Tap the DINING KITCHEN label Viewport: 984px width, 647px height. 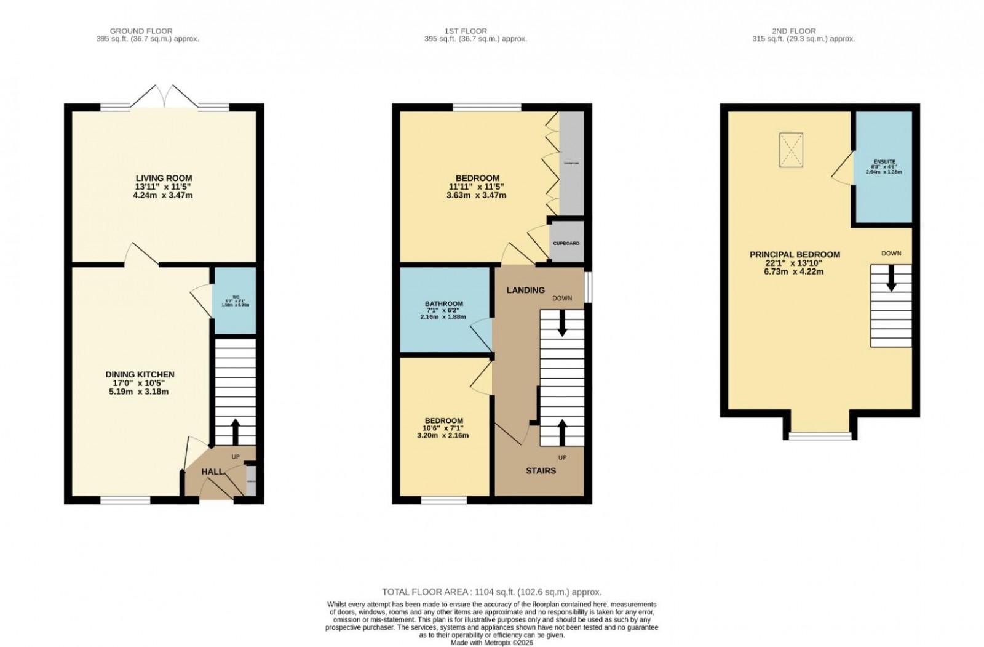pos(140,374)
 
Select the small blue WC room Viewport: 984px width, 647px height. pos(234,300)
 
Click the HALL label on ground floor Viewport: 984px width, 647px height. pos(213,472)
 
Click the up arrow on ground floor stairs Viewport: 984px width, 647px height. pos(235,432)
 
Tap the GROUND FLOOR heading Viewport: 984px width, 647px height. pos(141,31)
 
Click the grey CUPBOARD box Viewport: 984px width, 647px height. pos(566,243)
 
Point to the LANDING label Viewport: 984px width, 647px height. pos(525,290)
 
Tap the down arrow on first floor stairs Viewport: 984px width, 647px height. pos(561,324)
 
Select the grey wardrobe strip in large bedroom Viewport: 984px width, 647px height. pos(571,163)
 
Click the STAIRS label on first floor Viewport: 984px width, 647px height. pos(541,470)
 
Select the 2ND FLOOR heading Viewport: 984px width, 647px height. pos(794,31)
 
